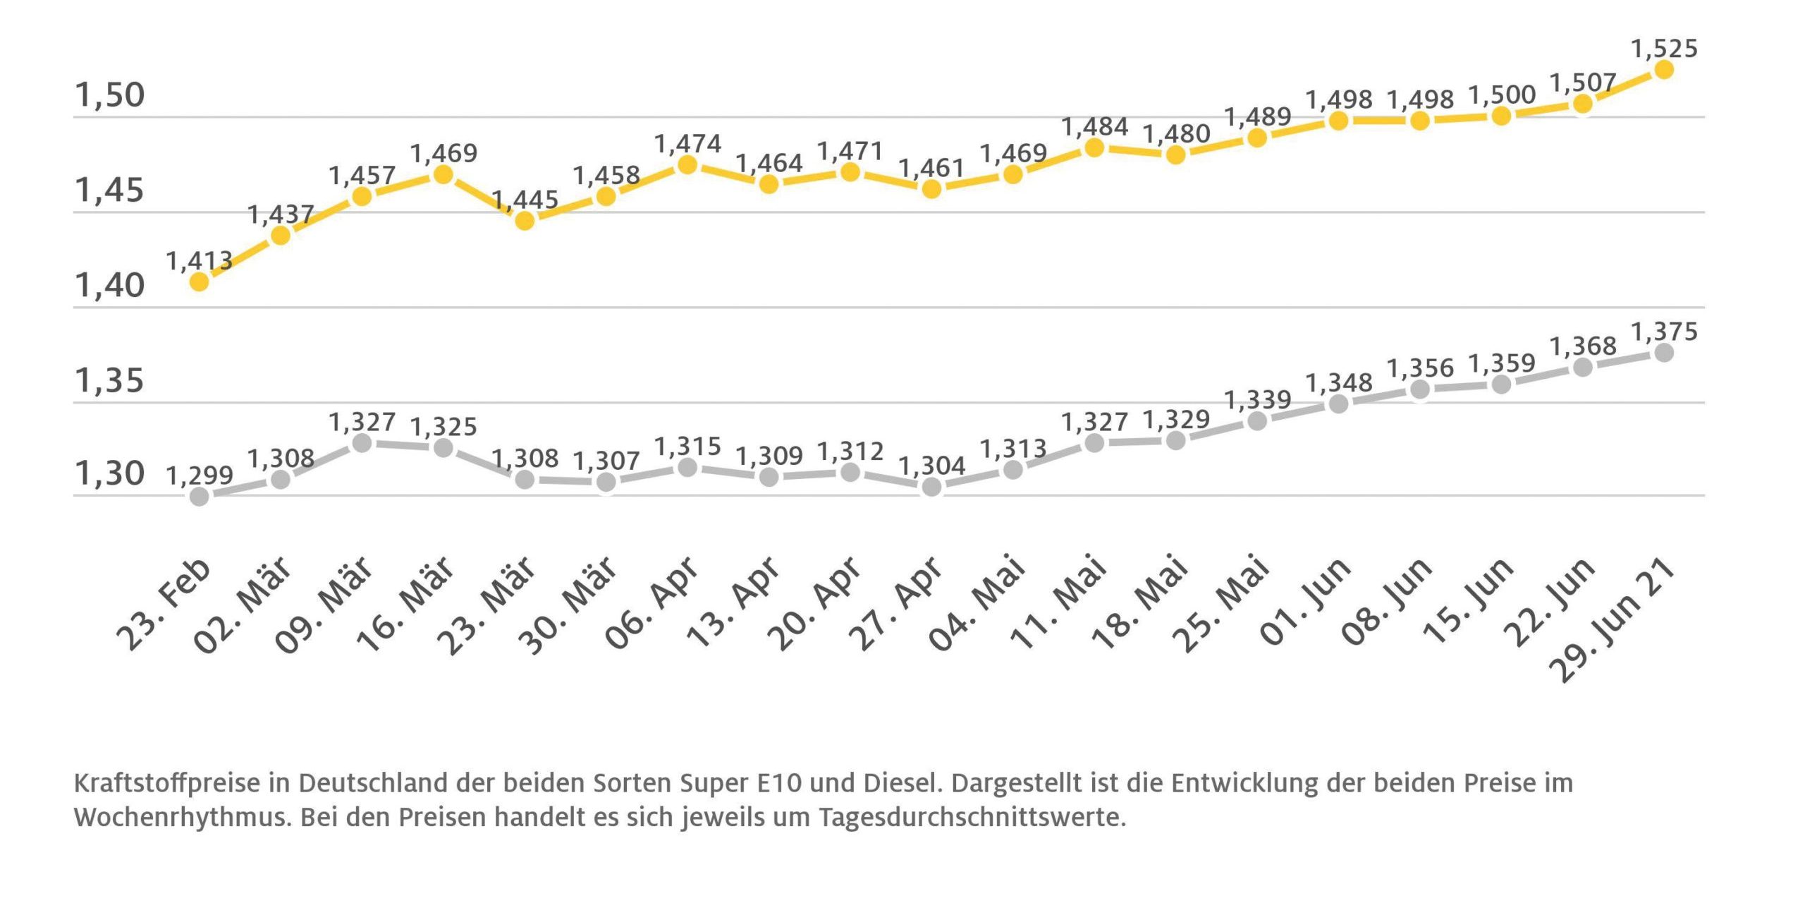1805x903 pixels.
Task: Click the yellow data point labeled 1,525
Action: pos(1664,69)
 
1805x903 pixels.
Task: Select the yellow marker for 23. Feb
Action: pos(200,281)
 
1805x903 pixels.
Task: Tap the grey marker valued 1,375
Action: pos(1664,353)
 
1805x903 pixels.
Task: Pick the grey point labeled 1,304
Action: pos(931,487)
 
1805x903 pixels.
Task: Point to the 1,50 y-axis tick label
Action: pos(109,95)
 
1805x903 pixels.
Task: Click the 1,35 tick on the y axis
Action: pos(109,381)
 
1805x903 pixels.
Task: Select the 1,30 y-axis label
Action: pos(109,473)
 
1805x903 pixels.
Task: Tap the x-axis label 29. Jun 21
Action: pos(1615,619)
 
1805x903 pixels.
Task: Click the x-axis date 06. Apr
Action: pos(652,603)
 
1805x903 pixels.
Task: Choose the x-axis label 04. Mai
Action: pos(977,603)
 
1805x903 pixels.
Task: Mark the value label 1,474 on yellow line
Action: pos(687,144)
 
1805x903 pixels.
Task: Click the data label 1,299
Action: pos(200,475)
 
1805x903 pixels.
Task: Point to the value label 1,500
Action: pos(1502,95)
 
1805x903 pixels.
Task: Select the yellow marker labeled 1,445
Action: pos(525,221)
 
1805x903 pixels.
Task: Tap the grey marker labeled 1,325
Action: pos(443,447)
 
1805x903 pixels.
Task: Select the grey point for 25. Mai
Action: pos(1257,421)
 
